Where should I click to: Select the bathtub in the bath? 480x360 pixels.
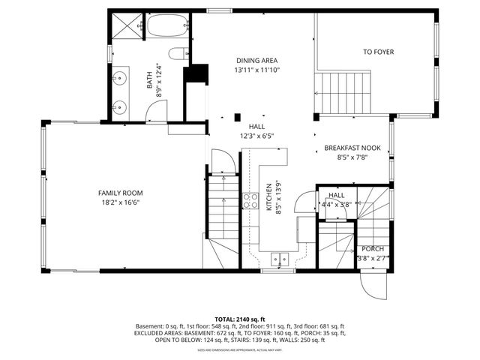click(x=166, y=27)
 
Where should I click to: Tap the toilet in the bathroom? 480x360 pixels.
click(x=178, y=53)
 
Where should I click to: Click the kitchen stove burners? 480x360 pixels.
click(x=250, y=201)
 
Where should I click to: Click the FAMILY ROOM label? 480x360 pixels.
click(x=121, y=193)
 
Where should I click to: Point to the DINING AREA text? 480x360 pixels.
click(x=257, y=60)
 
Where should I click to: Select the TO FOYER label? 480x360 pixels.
click(x=378, y=52)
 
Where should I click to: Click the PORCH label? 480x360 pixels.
click(x=373, y=249)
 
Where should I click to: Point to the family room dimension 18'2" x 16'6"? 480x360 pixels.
click(x=121, y=202)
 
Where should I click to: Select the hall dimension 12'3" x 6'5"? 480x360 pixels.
click(x=257, y=136)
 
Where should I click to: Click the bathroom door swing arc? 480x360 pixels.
click(x=156, y=111)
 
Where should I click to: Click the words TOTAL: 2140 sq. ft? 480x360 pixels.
click(x=240, y=319)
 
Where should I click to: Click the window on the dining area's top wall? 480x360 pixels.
click(x=218, y=10)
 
